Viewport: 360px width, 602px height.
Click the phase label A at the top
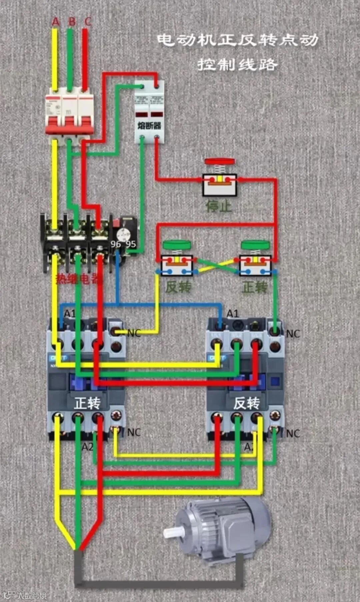(55, 22)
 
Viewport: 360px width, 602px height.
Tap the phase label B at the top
(72, 22)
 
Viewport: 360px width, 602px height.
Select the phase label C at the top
(88, 22)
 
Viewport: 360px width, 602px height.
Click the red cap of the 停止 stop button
(219, 161)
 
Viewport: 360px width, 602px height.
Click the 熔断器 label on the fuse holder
(149, 126)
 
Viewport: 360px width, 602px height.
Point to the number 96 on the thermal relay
(116, 244)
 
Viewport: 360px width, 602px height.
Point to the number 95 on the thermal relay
(131, 244)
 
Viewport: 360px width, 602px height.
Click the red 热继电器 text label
(79, 279)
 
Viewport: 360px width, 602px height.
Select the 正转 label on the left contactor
(87, 403)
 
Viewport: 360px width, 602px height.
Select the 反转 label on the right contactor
(246, 403)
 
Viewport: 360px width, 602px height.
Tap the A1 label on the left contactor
(69, 314)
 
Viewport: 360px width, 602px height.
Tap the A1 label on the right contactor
(232, 314)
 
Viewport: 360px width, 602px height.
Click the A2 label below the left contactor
(87, 447)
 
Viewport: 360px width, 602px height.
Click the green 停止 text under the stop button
(219, 206)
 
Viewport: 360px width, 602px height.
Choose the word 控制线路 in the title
(237, 64)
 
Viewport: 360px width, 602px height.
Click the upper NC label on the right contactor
(293, 334)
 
